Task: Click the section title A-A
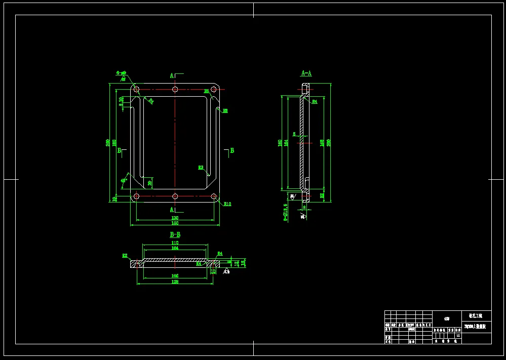point(306,73)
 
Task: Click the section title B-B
point(175,235)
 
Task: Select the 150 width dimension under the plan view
point(175,223)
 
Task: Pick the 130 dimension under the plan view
point(175,218)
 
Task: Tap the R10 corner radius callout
point(227,204)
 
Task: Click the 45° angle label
point(124,180)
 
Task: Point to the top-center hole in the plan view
point(175,90)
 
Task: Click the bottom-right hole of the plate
point(214,196)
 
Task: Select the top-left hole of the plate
point(136,90)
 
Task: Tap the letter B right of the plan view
point(232,150)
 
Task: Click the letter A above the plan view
point(172,75)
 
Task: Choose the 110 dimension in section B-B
point(175,244)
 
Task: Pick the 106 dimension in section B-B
point(175,276)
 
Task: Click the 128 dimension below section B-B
point(175,282)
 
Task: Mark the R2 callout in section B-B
point(125,256)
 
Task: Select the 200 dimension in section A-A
point(329,141)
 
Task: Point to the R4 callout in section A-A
point(315,102)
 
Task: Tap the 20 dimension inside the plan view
point(150,182)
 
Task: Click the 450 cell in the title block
point(446,319)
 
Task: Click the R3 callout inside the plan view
point(201,167)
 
